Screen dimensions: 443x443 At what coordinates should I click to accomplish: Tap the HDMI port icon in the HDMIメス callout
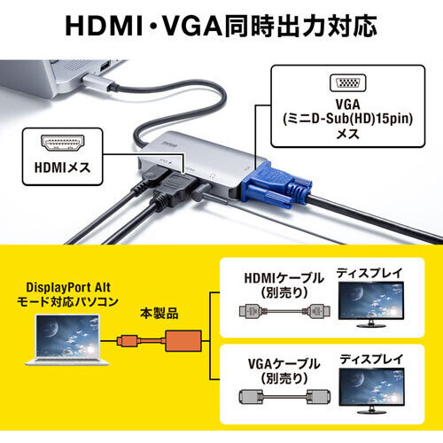click(x=63, y=144)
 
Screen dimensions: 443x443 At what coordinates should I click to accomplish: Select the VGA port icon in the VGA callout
click(x=348, y=82)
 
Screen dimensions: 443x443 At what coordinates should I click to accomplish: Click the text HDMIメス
click(x=62, y=167)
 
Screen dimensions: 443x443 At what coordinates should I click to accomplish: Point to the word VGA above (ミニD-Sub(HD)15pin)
click(x=347, y=105)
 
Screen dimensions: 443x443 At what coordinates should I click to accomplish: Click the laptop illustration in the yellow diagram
click(x=67, y=340)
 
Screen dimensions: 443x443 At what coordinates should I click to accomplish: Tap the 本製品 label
click(x=159, y=314)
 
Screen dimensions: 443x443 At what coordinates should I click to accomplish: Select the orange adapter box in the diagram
click(x=183, y=341)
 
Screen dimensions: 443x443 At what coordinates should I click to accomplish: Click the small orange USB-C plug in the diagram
click(x=128, y=341)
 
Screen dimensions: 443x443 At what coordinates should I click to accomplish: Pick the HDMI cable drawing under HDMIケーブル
click(x=284, y=311)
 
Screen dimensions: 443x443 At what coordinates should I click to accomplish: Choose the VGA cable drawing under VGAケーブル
click(x=284, y=397)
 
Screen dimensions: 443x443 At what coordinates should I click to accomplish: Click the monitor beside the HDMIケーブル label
click(x=371, y=305)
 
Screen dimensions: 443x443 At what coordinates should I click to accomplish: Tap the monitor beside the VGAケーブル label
click(x=371, y=391)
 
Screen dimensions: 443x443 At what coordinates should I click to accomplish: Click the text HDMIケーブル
click(x=284, y=278)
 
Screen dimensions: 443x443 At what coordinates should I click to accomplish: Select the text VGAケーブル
click(x=284, y=364)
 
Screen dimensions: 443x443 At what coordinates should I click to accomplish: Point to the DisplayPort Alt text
click(x=68, y=287)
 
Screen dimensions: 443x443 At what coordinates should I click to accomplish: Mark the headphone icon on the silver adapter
click(x=212, y=175)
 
